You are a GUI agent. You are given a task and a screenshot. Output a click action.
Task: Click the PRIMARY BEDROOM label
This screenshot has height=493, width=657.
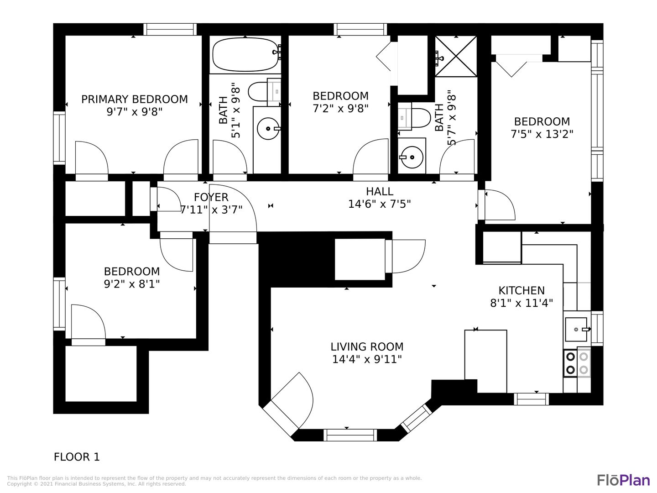[134, 99]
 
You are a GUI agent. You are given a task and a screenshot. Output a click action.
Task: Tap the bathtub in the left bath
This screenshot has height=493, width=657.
[245, 54]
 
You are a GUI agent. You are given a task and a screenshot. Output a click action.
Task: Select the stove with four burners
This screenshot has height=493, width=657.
[577, 363]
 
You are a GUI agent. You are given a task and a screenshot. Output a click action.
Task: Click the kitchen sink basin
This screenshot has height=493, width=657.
[576, 329]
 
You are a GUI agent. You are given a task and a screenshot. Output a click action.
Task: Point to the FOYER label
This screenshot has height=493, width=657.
[211, 197]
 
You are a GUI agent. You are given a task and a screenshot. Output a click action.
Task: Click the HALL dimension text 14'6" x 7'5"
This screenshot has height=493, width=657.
[379, 204]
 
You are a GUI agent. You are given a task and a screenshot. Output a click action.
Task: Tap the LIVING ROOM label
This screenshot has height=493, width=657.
[367, 347]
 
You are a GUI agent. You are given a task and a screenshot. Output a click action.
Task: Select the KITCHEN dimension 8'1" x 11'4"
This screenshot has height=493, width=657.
[521, 303]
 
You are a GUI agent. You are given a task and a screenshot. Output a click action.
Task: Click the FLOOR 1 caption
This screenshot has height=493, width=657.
[77, 457]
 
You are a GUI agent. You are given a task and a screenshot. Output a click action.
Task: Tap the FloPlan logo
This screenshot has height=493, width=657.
[623, 480]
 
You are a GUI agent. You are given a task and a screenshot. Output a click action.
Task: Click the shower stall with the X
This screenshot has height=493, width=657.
[455, 56]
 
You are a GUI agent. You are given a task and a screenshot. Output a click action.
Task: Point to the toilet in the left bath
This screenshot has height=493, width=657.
[264, 91]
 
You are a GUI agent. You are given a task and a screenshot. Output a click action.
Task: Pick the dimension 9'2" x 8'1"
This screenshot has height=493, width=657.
[132, 284]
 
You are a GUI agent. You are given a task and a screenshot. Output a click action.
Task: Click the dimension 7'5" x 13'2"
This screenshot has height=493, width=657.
[542, 134]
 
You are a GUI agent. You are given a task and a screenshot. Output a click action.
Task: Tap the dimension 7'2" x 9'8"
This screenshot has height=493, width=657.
[340, 108]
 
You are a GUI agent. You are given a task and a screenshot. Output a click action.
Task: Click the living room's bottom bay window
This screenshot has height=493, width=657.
[350, 435]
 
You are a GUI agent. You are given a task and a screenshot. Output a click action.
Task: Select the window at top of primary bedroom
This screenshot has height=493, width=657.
[170, 29]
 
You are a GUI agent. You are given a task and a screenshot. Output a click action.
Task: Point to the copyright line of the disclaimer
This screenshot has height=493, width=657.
[96, 484]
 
